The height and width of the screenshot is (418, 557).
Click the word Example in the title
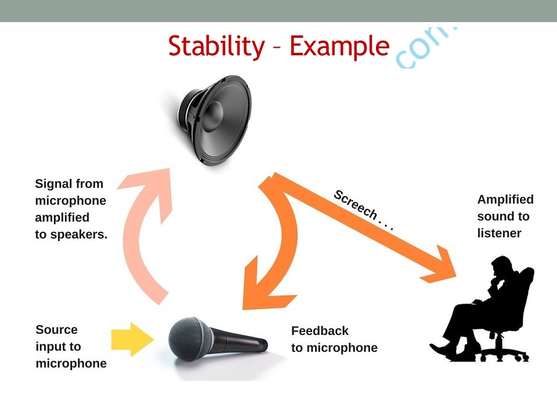(x=339, y=46)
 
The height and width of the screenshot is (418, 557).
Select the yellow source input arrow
(x=131, y=339)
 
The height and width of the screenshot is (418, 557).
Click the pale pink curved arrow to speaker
(x=145, y=232)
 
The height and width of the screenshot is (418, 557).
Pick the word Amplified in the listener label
(x=505, y=200)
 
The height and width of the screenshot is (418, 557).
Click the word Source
(x=56, y=330)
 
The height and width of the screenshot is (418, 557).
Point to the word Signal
(x=53, y=184)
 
